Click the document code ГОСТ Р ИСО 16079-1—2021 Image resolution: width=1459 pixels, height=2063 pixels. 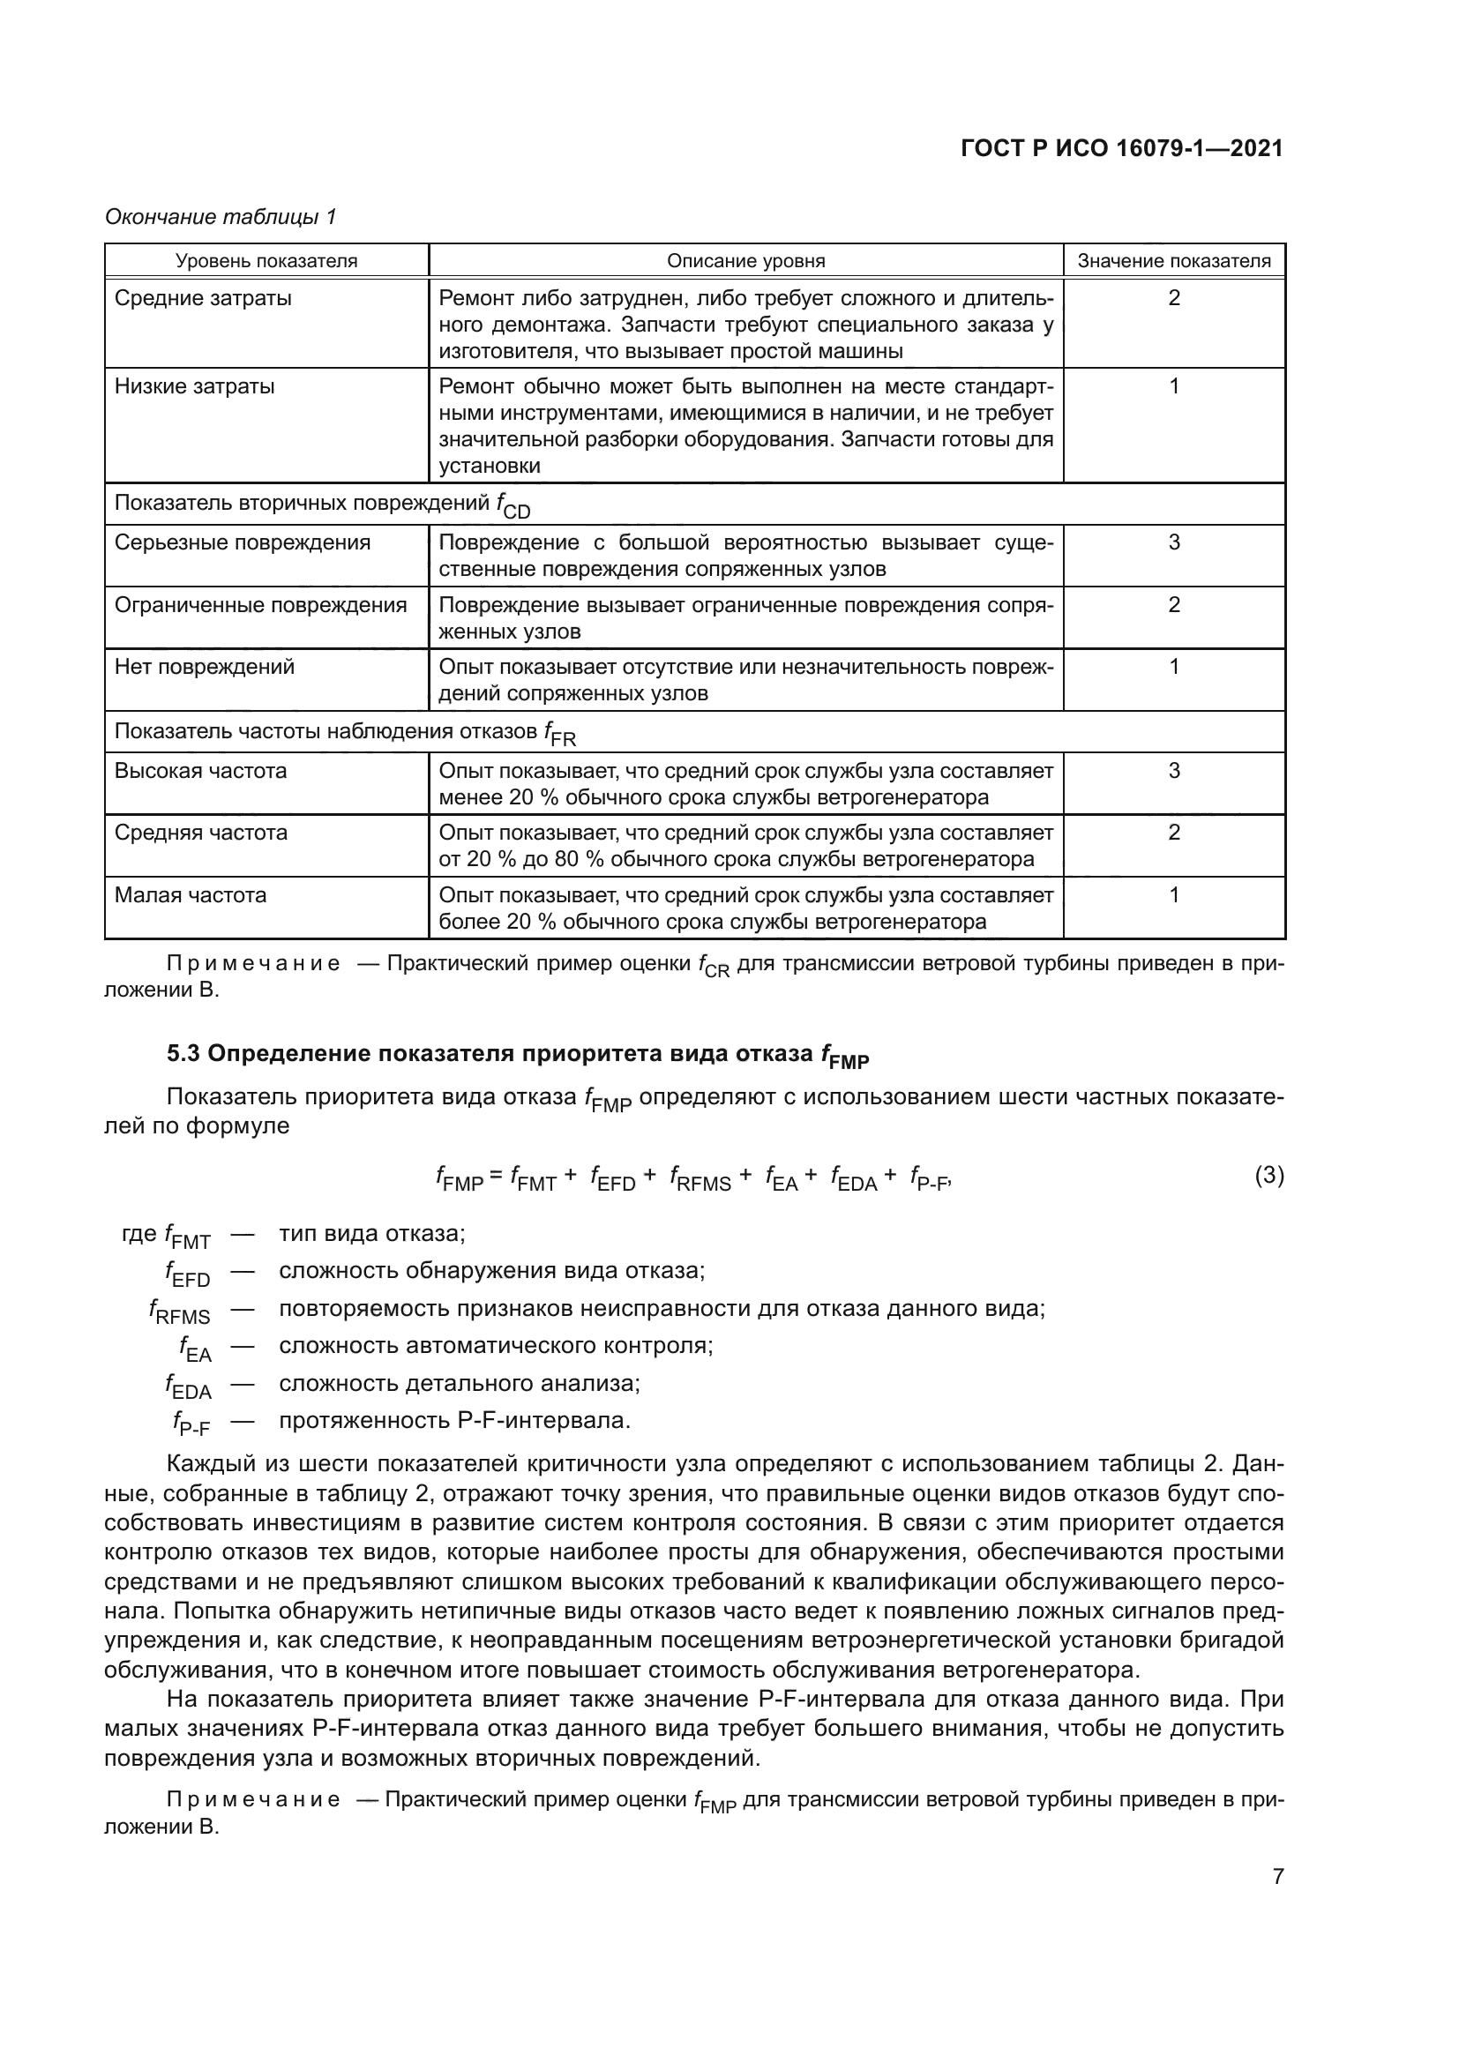click(1121, 148)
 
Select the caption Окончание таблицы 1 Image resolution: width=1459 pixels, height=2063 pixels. click(221, 217)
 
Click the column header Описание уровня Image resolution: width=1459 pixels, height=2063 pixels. click(744, 261)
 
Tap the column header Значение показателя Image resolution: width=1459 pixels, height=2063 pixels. click(1173, 261)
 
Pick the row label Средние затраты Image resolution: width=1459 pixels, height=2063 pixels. click(203, 298)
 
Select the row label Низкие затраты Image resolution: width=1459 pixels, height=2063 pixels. click(194, 386)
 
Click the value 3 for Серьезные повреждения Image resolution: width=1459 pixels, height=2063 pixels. click(1173, 542)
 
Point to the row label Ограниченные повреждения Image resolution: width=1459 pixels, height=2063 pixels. click(260, 605)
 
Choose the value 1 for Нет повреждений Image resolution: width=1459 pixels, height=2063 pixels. click(1173, 667)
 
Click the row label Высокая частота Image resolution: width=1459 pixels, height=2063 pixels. click(200, 771)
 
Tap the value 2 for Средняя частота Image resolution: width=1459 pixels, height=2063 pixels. click(1173, 833)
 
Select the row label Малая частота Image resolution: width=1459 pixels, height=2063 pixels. click(191, 895)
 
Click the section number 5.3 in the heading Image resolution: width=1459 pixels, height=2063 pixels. click(183, 1054)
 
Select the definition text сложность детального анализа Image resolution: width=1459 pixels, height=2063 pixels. click(459, 1383)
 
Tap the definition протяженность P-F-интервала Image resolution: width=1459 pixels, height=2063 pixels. click(454, 1421)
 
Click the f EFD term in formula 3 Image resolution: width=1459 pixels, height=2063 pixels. click(613, 1178)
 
